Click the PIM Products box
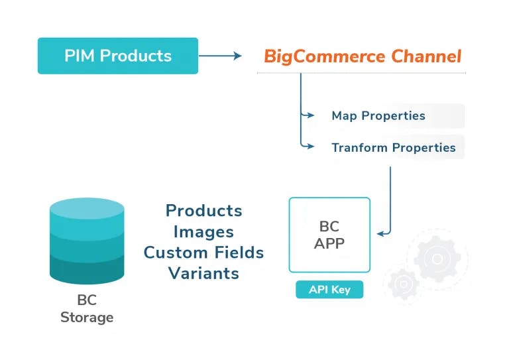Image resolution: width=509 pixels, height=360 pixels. [x=118, y=56]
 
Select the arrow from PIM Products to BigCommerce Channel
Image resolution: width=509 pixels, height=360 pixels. [x=220, y=56]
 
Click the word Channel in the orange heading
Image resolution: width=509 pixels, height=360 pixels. [x=426, y=56]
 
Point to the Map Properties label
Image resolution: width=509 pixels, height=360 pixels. [x=378, y=115]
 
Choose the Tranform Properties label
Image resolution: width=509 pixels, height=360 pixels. [x=394, y=148]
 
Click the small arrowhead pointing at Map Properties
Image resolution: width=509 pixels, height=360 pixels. [x=310, y=115]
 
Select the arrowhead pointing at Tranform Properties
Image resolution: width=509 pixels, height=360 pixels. [x=310, y=147]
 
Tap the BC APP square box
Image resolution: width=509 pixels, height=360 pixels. [x=329, y=235]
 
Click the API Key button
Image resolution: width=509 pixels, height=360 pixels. [x=329, y=289]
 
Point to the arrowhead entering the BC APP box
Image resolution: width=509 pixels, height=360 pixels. [x=381, y=233]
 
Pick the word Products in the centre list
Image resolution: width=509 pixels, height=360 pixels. [x=204, y=211]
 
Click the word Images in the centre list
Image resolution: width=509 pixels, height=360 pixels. [x=203, y=232]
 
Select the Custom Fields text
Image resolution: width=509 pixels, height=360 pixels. [x=203, y=253]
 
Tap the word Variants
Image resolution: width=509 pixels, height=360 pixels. [x=203, y=273]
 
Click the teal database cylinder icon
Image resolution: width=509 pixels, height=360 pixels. [x=87, y=241]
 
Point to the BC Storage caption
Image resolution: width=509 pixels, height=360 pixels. [x=87, y=308]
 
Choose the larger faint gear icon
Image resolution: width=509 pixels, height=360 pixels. [x=437, y=259]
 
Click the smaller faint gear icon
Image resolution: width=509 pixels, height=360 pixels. [x=404, y=284]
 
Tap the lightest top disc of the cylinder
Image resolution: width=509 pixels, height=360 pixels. [x=87, y=208]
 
